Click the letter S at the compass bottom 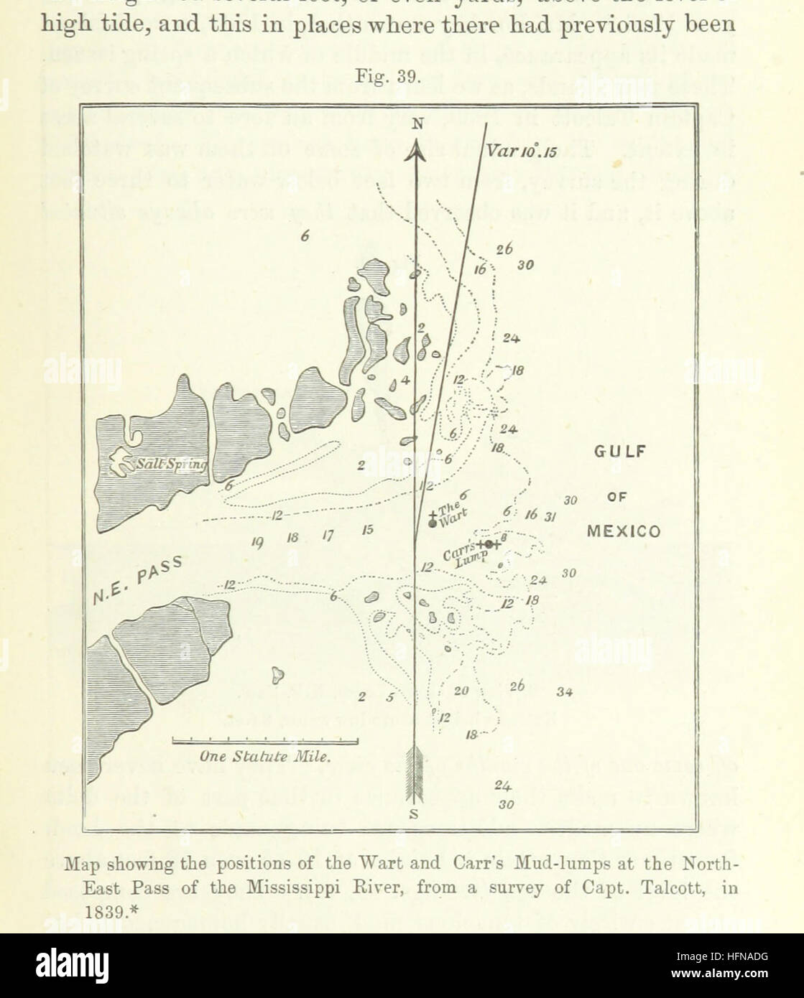(413, 814)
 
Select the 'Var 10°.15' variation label (522, 151)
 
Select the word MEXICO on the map (623, 532)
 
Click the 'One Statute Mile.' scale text (265, 756)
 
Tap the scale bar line (265, 740)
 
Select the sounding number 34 (564, 692)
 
